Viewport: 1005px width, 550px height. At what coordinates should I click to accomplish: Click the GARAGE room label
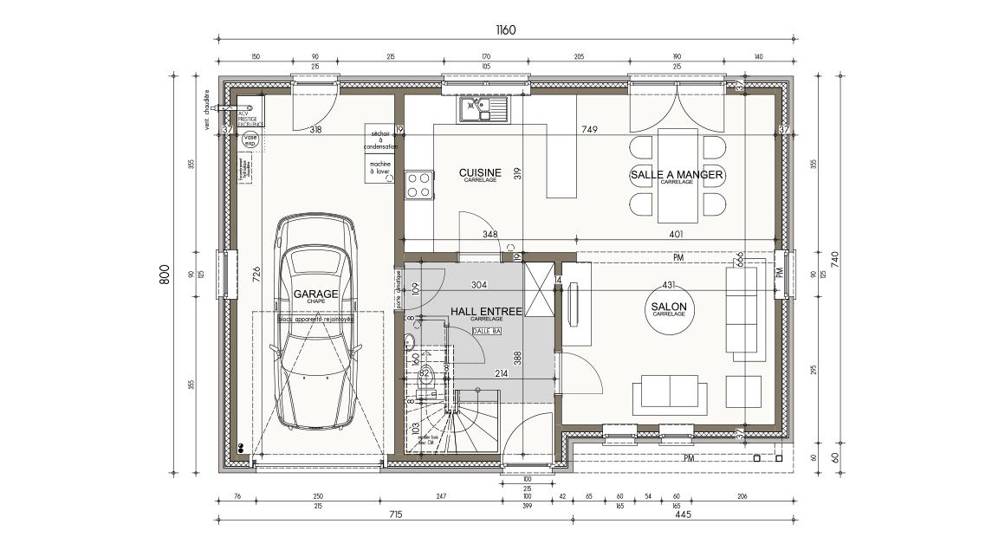point(315,294)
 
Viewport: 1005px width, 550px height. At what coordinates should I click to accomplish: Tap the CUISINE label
point(480,173)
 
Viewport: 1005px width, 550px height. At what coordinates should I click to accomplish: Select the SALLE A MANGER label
point(677,175)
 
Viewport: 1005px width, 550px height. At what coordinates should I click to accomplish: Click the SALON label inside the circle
point(668,307)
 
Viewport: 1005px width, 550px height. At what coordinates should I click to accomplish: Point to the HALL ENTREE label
point(485,311)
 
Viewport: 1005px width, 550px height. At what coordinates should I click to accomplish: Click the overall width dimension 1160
point(506,30)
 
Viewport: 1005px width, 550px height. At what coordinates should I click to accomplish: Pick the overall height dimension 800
point(165,274)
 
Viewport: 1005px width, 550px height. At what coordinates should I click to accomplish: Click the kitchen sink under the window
point(484,109)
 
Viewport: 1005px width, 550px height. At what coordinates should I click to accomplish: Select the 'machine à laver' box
point(379,168)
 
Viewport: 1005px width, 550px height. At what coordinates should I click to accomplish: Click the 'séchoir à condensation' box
point(379,140)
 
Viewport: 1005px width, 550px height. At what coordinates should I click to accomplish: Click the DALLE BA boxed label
point(486,330)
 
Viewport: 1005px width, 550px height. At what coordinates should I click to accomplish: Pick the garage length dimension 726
point(256,274)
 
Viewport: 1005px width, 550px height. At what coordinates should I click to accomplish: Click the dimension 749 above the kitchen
point(590,130)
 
